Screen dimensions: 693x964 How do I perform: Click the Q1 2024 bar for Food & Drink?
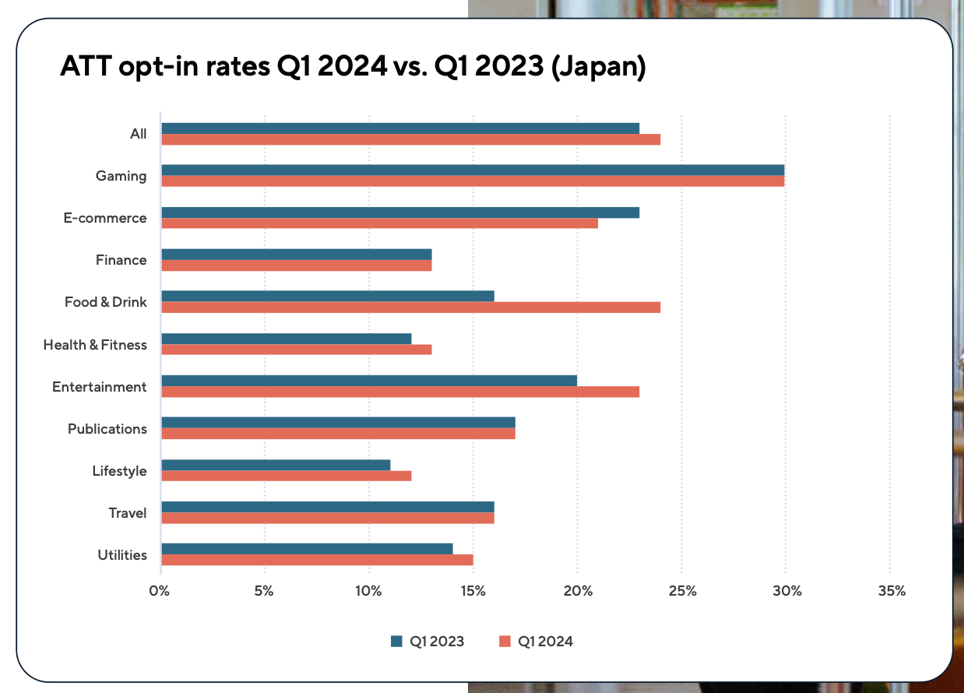click(410, 307)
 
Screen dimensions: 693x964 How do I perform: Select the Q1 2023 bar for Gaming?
click(472, 170)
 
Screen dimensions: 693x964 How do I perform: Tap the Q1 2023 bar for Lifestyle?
click(276, 465)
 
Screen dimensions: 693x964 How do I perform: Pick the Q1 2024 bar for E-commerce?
click(379, 223)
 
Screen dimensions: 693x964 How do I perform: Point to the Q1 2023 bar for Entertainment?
click(369, 380)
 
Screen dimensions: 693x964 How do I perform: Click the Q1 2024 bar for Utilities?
click(317, 559)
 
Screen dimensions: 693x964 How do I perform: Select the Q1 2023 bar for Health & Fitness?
click(286, 338)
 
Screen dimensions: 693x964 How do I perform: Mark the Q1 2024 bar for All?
click(410, 139)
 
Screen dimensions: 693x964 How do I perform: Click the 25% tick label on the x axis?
click(681, 591)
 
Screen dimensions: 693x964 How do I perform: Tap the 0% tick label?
click(160, 591)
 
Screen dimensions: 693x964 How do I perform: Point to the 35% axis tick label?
click(891, 591)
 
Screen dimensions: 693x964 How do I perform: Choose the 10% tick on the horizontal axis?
click(368, 591)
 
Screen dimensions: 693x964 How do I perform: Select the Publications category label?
click(107, 429)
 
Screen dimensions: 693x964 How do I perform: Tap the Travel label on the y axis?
click(128, 513)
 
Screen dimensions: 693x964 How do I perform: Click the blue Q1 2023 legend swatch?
click(396, 642)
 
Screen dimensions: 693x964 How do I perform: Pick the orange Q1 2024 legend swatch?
click(504, 642)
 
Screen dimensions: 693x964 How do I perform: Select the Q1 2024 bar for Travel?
click(327, 517)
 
